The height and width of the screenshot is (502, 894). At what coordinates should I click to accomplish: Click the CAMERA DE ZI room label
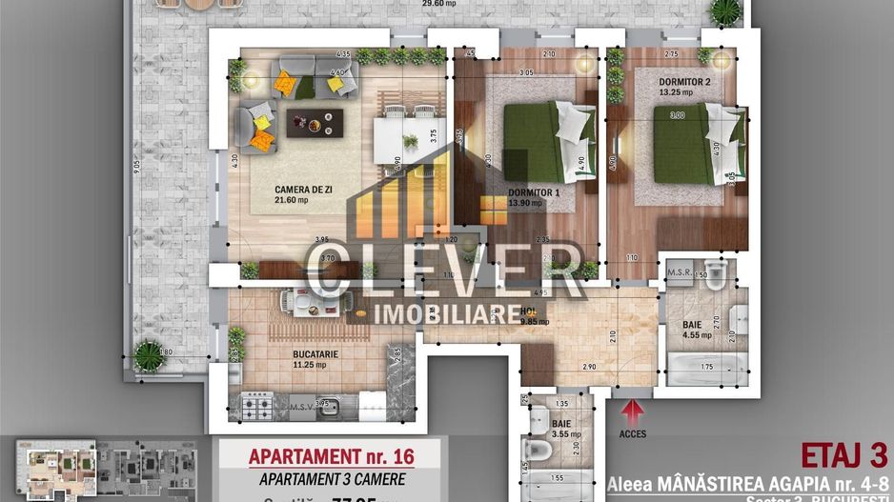point(276,190)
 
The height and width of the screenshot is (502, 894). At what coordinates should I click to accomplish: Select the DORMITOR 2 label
point(684,82)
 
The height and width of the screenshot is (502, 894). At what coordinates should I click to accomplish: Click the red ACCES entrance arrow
point(631,412)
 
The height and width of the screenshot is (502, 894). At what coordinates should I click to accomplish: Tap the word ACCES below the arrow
point(632,434)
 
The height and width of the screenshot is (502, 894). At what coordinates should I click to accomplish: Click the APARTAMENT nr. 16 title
point(331,456)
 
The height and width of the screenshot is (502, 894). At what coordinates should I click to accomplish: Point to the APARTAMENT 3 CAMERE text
point(331,479)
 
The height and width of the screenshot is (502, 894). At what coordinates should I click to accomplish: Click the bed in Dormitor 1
point(548,142)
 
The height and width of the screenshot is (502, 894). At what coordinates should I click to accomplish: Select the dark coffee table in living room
point(315,123)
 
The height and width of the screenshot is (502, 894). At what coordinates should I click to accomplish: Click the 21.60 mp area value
point(291,201)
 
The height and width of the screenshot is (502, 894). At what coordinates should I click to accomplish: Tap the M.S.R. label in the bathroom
point(680,272)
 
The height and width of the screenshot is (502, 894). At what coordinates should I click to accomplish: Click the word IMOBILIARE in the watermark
point(447,313)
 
